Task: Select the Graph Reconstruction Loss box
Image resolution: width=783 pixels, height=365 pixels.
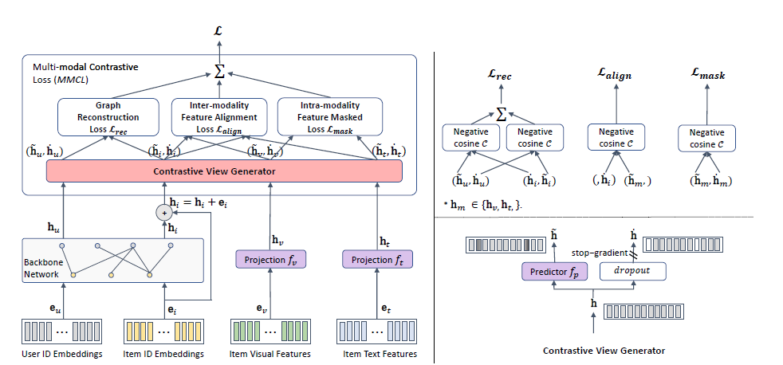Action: [x=108, y=117]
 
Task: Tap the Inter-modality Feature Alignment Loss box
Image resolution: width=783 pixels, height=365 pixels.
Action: [x=218, y=117]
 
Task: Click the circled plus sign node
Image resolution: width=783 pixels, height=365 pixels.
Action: [x=164, y=213]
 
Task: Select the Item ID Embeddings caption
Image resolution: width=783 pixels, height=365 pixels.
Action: [x=164, y=354]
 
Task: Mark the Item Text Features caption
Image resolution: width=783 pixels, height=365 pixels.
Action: [x=376, y=354]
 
